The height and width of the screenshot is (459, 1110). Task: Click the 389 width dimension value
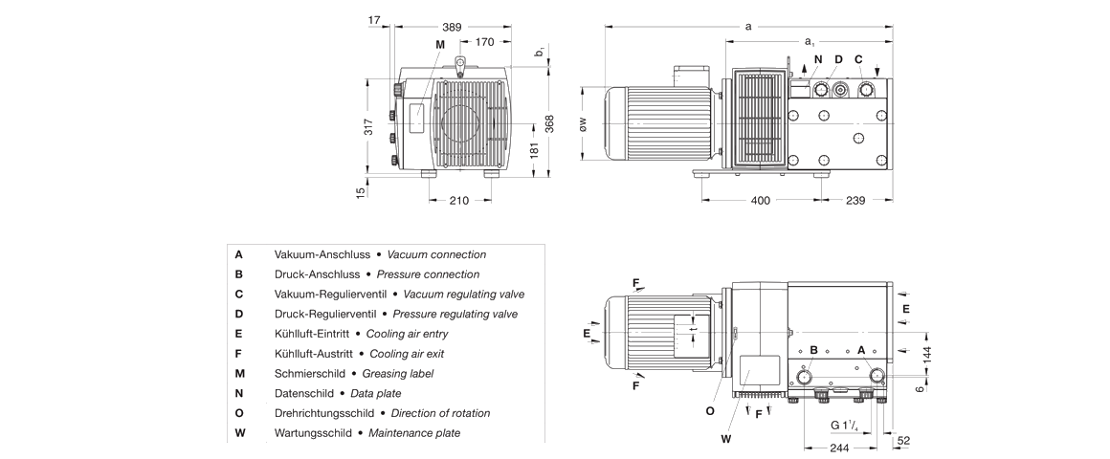[x=452, y=27]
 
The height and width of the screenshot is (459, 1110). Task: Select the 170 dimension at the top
[x=485, y=42]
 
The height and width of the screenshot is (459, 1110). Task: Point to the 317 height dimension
[x=368, y=125]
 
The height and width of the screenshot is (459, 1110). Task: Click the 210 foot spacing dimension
[x=459, y=200]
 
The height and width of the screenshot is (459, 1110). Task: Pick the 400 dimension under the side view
[x=760, y=200]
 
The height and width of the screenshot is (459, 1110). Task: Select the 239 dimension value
[x=855, y=200]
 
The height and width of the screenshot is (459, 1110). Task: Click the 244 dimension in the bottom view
[x=838, y=448]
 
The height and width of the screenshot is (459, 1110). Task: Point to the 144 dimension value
[x=925, y=354]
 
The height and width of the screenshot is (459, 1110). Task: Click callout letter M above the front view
[x=440, y=45]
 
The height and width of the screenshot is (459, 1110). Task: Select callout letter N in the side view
[x=817, y=59]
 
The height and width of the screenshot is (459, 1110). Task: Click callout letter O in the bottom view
[x=710, y=411]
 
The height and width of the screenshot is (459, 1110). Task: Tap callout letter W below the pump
[x=725, y=439]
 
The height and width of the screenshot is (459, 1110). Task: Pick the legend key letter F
[x=238, y=353]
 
